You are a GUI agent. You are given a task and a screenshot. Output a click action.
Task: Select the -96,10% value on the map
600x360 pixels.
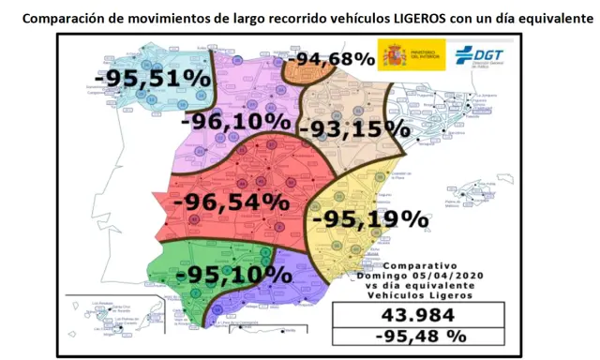[x=236, y=121]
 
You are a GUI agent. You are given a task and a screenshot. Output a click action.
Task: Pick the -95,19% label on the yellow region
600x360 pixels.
[x=369, y=220]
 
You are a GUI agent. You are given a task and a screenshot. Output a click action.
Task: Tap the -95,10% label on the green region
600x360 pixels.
[x=233, y=276]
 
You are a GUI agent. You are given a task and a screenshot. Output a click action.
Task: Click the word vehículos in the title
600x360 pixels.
[x=352, y=16]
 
